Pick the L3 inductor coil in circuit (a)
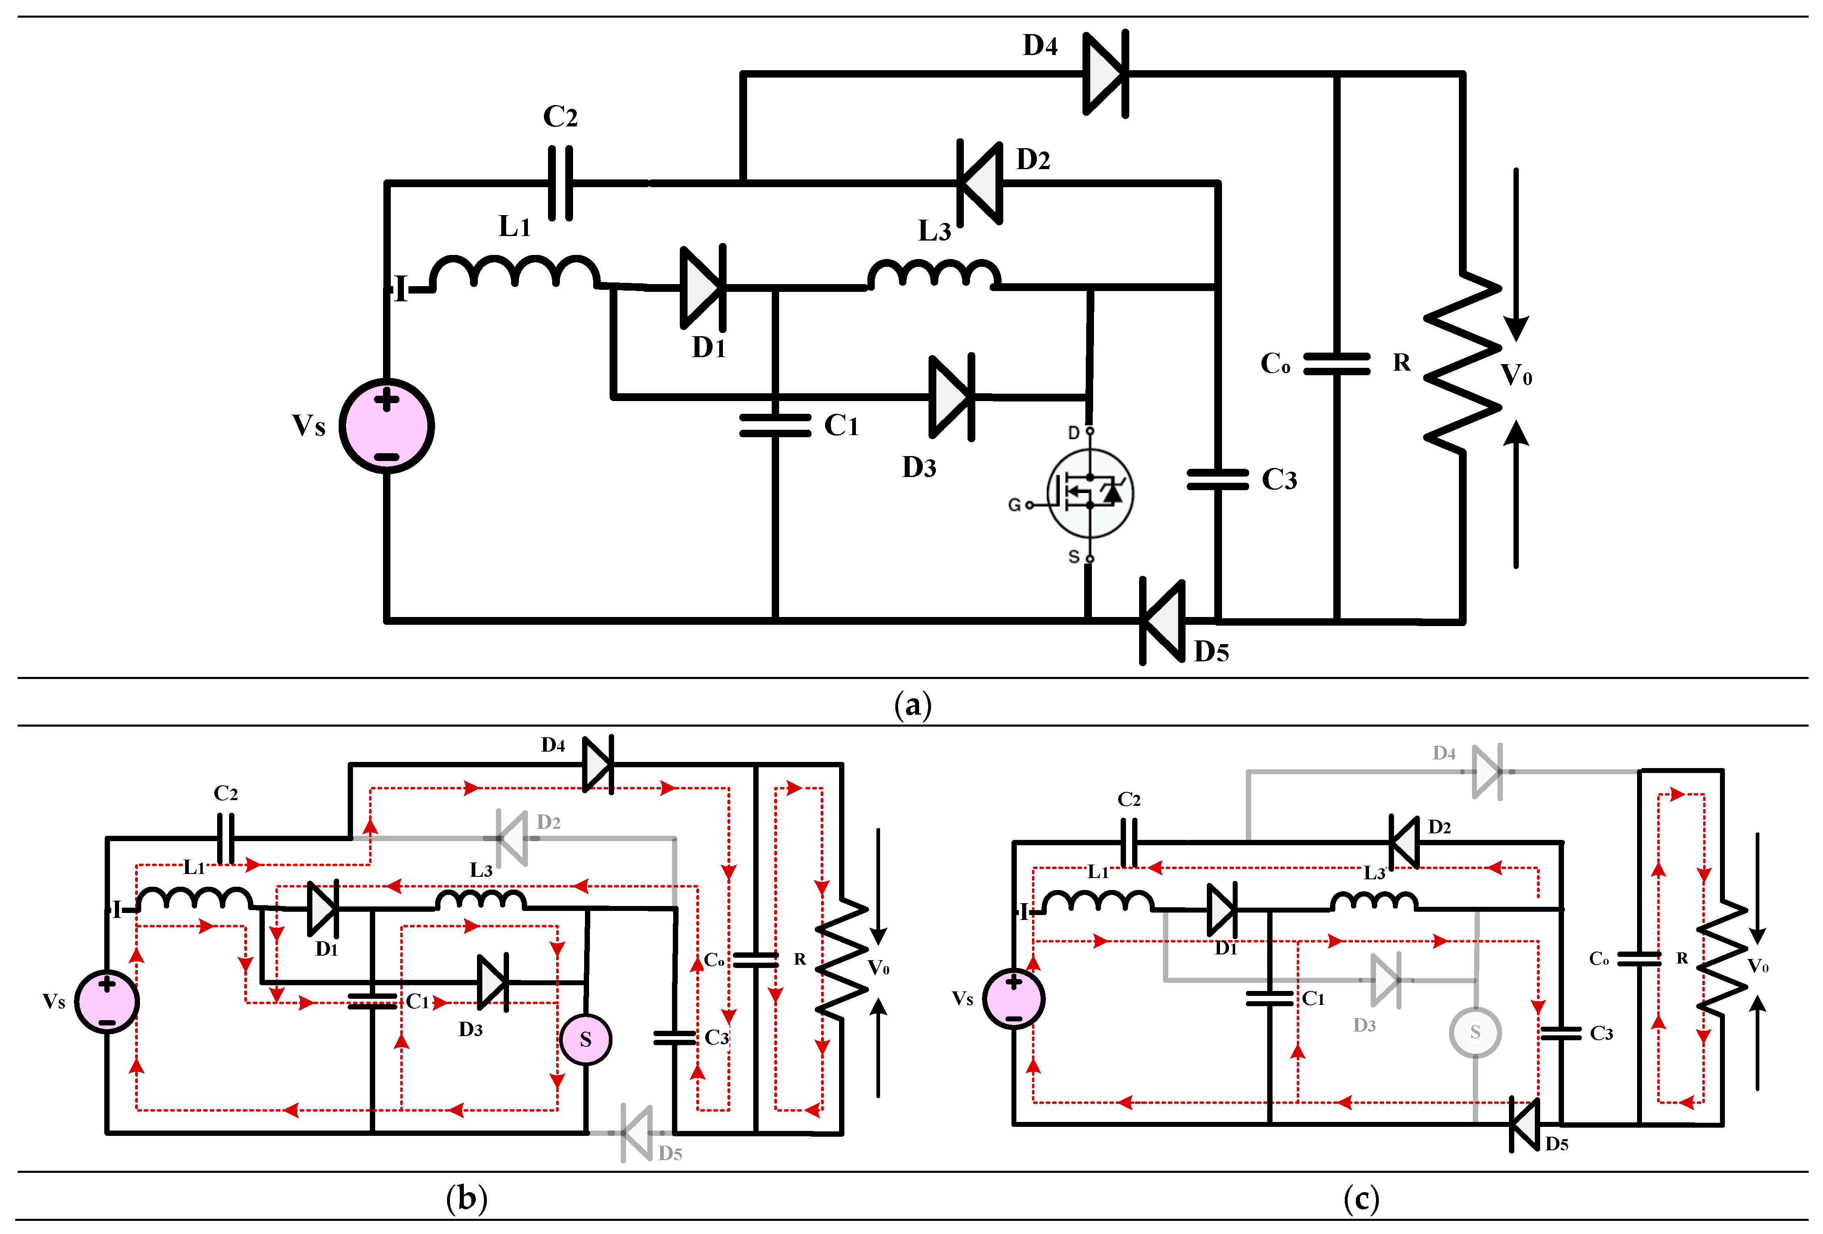click(933, 275)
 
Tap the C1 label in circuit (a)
click(841, 426)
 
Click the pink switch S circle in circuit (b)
click(585, 1039)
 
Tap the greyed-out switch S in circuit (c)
click(1475, 1032)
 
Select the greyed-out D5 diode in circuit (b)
click(636, 1133)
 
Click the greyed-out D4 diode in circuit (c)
click(1486, 772)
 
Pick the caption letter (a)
click(912, 704)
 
